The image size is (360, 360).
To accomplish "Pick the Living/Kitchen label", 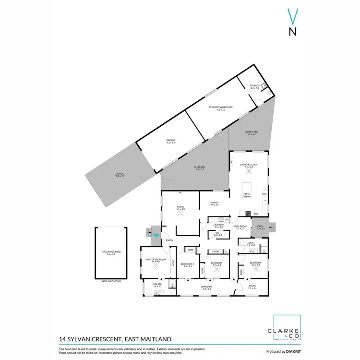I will [249, 165].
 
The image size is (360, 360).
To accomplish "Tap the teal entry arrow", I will [156, 235].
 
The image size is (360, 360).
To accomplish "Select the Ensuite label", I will [157, 285].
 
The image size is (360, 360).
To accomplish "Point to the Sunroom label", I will [207, 288].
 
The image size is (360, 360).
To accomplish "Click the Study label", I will [252, 287].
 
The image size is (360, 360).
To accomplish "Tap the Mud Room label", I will [240, 227].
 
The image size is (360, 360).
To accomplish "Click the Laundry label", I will [218, 226].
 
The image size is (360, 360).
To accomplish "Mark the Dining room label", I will [214, 204].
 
